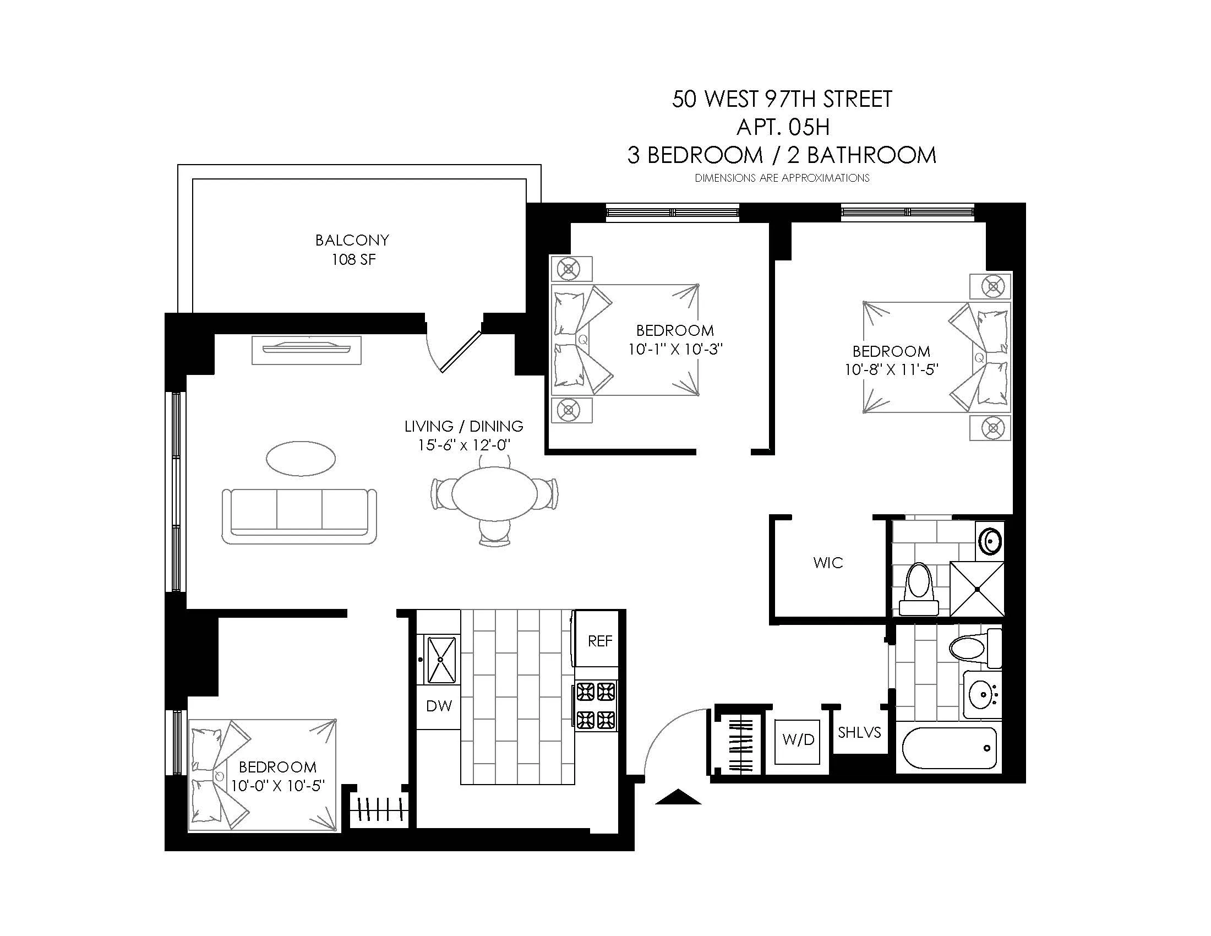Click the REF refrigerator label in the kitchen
pos(599,641)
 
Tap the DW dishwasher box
pos(439,706)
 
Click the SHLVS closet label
pos(859,732)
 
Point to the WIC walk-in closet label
pos(828,563)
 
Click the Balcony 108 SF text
pos(353,249)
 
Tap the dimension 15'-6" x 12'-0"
pos(463,445)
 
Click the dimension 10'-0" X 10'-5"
pos(277,786)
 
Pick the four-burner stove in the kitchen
pos(596,705)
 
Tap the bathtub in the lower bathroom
pos(949,748)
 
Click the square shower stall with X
pos(977,589)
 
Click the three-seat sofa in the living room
pos(299,516)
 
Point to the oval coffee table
pos(301,458)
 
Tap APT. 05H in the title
pos(782,128)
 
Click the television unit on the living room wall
pos(307,349)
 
